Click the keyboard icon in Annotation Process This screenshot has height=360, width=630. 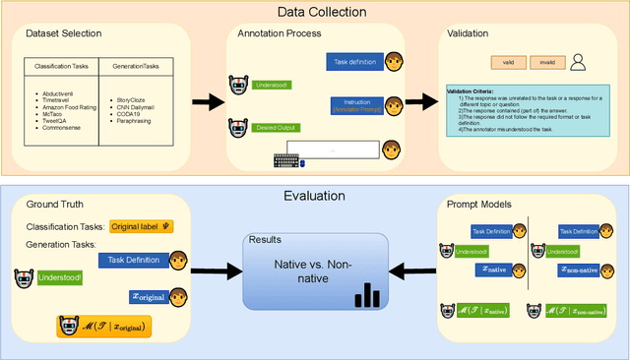tap(289, 160)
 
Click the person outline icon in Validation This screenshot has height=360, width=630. tap(581, 62)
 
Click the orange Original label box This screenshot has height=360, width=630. tap(141, 227)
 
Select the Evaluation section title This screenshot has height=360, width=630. tap(314, 194)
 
